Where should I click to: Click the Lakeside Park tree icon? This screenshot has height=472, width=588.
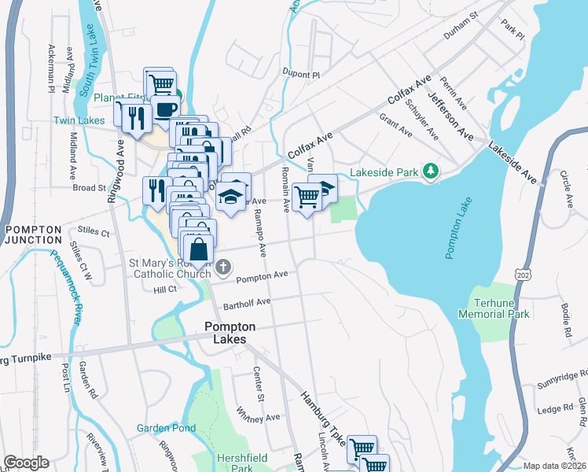tap(430, 171)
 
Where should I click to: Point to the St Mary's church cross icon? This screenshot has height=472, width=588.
tap(223, 267)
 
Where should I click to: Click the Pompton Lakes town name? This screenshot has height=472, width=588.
tap(225, 333)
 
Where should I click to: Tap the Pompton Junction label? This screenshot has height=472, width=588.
tap(33, 234)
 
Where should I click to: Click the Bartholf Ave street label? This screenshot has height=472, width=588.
tap(246, 301)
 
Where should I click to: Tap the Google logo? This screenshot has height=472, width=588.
tap(26, 463)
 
